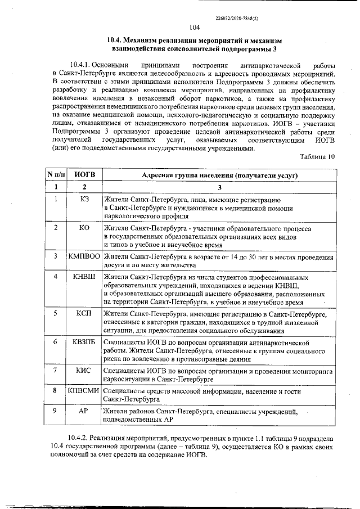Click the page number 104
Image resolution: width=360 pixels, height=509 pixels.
tap(195, 28)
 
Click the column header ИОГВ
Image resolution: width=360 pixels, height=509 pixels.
tap(84, 175)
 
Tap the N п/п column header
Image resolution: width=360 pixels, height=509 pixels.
tap(56, 175)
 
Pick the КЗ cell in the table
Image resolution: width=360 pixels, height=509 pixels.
tap(84, 199)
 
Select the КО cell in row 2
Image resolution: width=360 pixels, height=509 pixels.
tap(84, 228)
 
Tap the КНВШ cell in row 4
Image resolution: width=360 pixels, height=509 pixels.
tap(84, 277)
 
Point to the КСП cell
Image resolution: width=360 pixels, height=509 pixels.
tap(84, 313)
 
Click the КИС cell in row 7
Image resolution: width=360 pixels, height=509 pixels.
tap(84, 370)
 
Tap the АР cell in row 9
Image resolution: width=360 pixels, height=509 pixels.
tap(84, 411)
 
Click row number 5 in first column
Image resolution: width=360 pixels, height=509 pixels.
tap(56, 313)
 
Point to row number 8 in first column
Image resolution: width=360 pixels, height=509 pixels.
tap(56, 390)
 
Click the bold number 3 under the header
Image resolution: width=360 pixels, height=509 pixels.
tap(220, 187)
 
